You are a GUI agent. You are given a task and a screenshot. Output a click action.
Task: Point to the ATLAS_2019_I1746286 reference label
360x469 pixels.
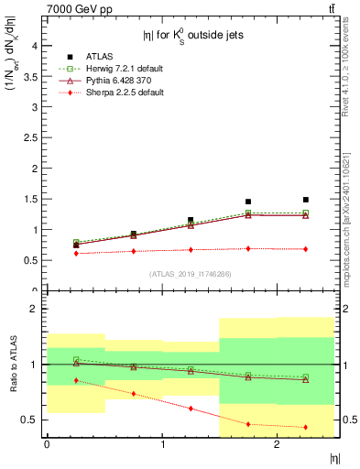point(190,274)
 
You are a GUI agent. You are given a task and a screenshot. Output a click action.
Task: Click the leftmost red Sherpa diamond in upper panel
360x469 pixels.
point(76,253)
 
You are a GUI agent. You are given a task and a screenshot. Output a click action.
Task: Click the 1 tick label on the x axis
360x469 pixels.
point(162,444)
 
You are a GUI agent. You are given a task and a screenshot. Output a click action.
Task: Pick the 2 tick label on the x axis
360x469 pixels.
point(277,444)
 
